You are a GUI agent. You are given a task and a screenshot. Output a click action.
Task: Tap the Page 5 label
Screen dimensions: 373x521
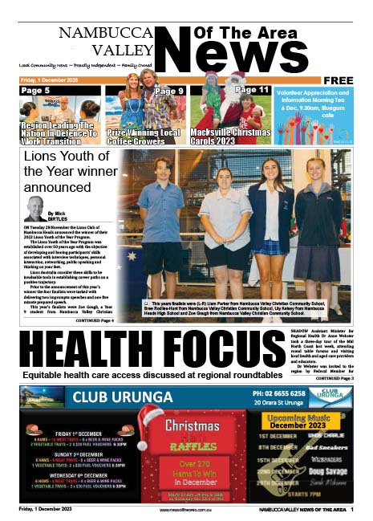(34, 91)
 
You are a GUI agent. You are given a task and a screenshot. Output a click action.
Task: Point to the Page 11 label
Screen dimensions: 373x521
(252, 90)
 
